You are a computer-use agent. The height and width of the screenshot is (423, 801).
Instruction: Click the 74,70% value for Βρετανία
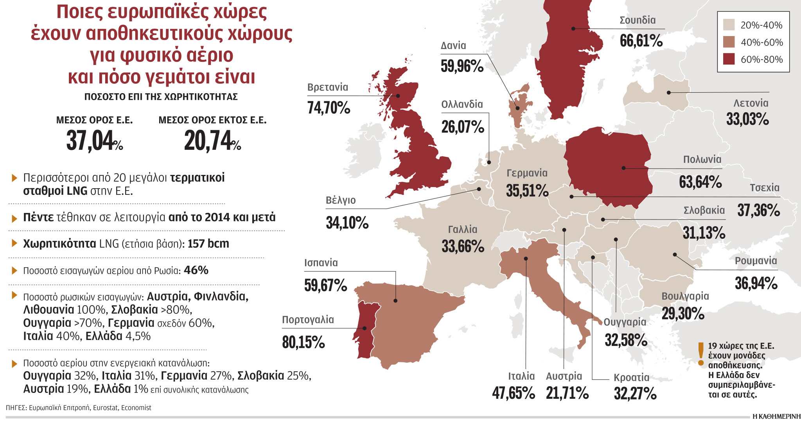pyautogui.click(x=329, y=108)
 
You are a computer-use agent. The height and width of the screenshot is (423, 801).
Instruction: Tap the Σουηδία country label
pyautogui.click(x=638, y=20)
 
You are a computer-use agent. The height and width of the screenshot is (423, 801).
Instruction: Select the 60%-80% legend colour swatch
pyautogui.click(x=729, y=59)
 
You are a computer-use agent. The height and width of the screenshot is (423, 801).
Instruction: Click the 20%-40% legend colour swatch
pyautogui.click(x=729, y=25)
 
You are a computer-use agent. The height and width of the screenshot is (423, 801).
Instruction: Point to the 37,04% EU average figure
pyautogui.click(x=94, y=141)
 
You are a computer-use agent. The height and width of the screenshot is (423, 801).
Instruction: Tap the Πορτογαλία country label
pyautogui.click(x=308, y=320)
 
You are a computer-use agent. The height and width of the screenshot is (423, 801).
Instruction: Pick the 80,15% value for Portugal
pyautogui.click(x=304, y=342)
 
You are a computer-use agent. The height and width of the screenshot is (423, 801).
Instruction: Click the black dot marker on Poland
pyautogui.click(x=623, y=168)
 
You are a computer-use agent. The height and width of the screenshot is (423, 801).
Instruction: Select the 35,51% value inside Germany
pyautogui.click(x=527, y=191)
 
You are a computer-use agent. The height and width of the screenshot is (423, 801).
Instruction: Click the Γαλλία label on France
pyautogui.click(x=463, y=229)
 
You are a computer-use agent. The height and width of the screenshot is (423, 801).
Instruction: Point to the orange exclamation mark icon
pyautogui.click(x=701, y=354)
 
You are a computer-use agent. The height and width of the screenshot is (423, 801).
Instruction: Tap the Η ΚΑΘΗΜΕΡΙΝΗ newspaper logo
pyautogui.click(x=776, y=416)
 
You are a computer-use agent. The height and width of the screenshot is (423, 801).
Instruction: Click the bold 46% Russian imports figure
pyautogui.click(x=196, y=270)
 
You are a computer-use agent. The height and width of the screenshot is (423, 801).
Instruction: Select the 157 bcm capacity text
pyautogui.click(x=208, y=243)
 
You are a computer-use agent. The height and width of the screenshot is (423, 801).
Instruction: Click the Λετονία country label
pyautogui.click(x=751, y=103)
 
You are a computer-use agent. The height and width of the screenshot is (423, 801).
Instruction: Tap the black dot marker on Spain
pyautogui.click(x=395, y=301)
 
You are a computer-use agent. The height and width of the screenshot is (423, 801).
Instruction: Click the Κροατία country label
pyautogui.click(x=631, y=378)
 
